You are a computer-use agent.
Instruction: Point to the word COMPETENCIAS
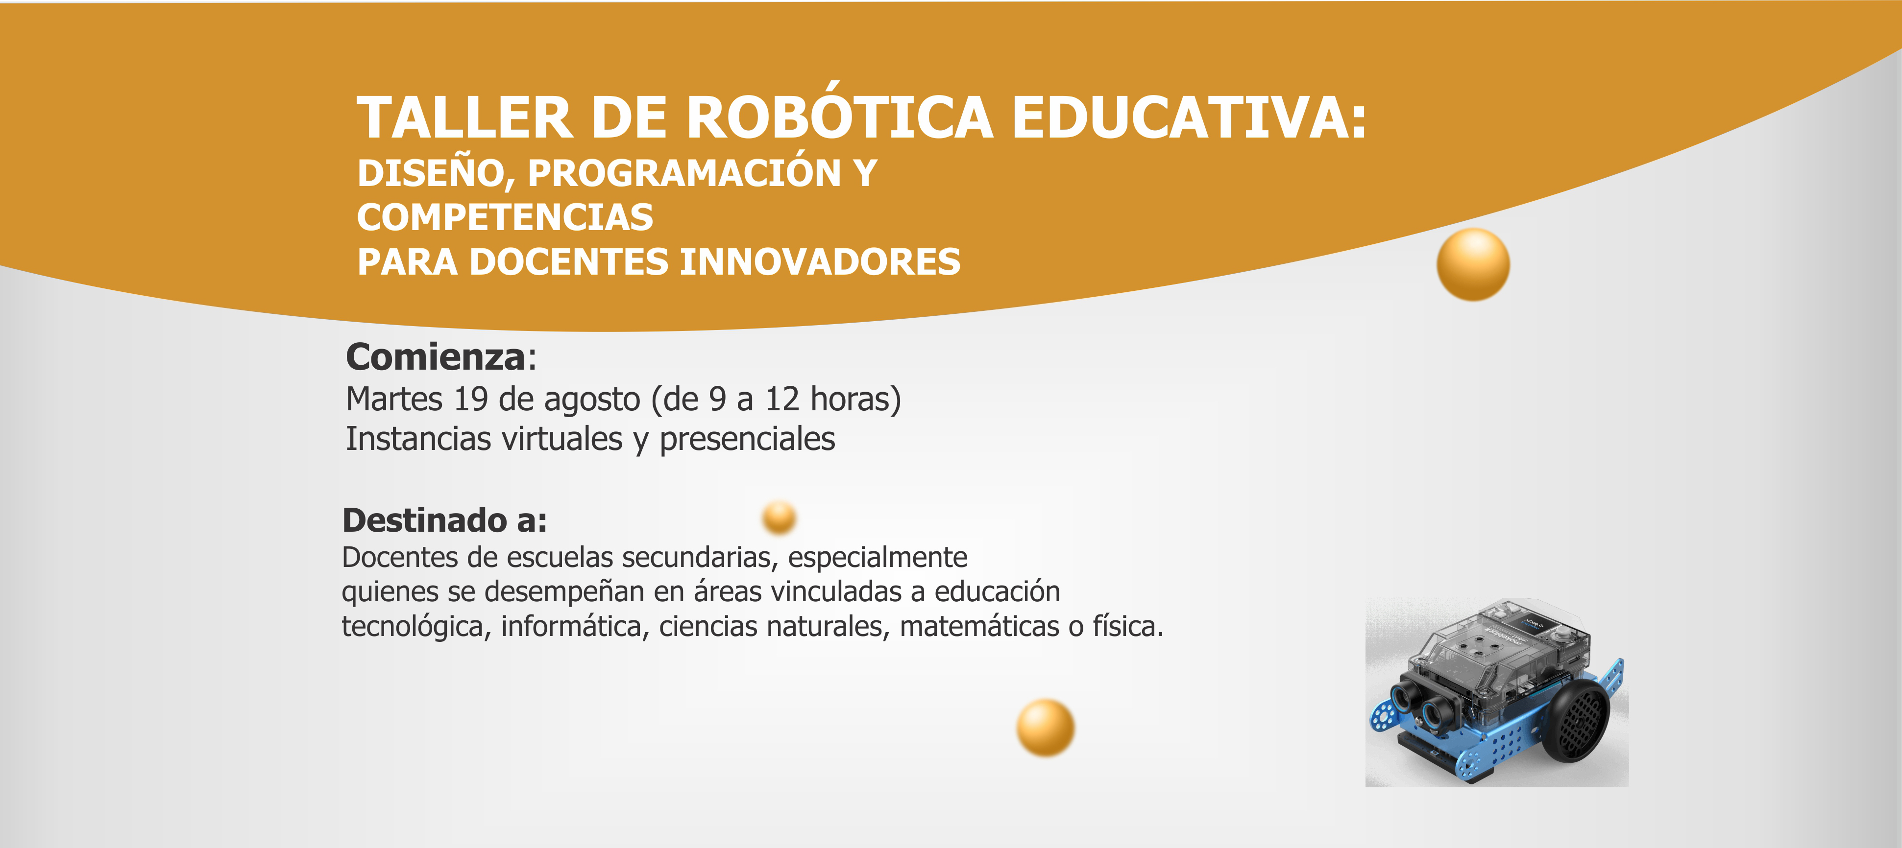pos(505,217)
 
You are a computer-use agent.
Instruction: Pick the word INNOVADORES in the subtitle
pos(820,262)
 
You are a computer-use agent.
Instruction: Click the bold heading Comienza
pos(436,357)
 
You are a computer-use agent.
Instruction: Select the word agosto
pos(592,401)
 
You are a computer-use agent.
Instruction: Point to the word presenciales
pos(747,440)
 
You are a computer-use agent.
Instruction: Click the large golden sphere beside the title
pos(1473,264)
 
